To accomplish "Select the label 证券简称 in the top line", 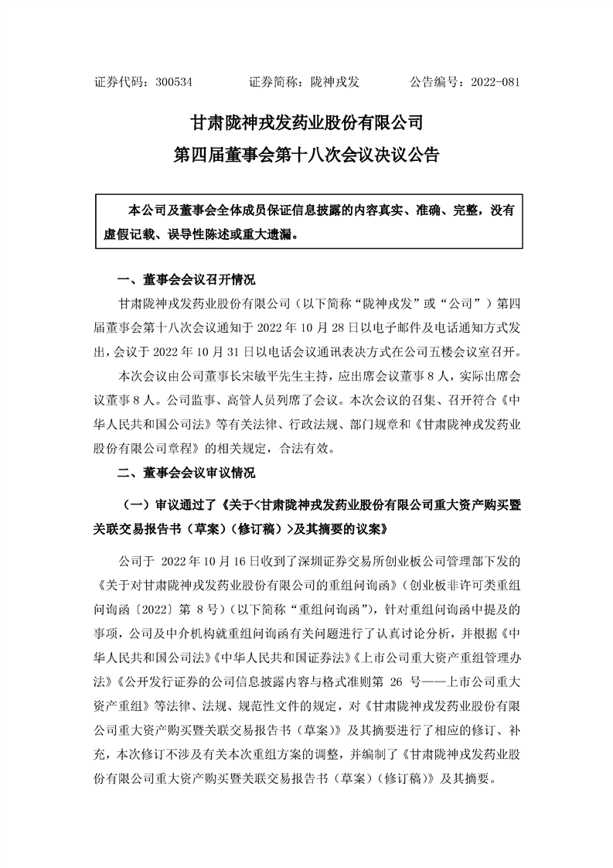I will pos(275,81).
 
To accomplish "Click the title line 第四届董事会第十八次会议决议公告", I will pos(306,155).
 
